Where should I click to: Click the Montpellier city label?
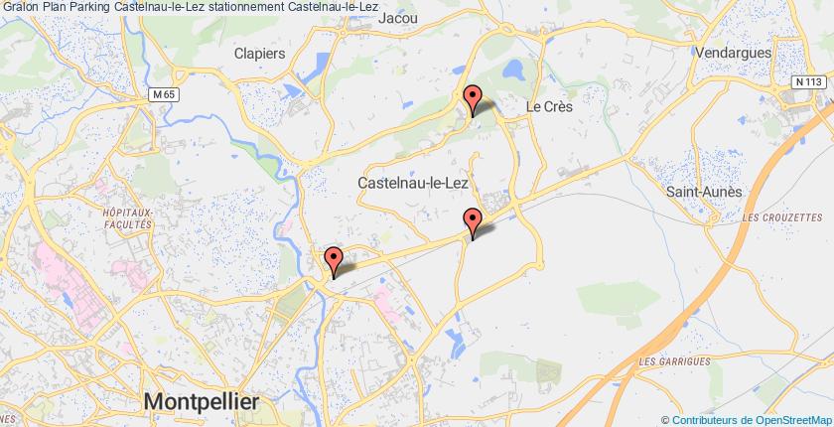(202, 401)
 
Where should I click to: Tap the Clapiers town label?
(260, 53)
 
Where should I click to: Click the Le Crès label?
(550, 104)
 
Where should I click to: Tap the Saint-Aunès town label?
(704, 191)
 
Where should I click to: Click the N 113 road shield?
(810, 81)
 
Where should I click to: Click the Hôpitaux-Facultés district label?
(126, 219)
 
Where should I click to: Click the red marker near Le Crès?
(474, 98)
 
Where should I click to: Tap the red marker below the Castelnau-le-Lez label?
(474, 221)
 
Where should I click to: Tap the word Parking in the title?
(85, 7)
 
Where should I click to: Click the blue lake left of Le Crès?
(514, 71)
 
